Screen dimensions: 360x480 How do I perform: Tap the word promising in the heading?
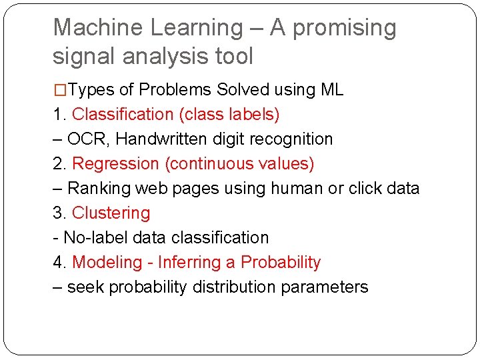345,28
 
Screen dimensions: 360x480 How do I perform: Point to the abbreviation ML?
331,90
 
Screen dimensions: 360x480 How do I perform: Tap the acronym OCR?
84,139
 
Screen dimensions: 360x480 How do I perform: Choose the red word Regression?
112,164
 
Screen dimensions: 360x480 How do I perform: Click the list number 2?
58,164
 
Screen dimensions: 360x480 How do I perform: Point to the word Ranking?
99,189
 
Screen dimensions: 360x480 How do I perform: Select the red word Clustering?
111,213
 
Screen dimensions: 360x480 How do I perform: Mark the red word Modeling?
107,263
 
